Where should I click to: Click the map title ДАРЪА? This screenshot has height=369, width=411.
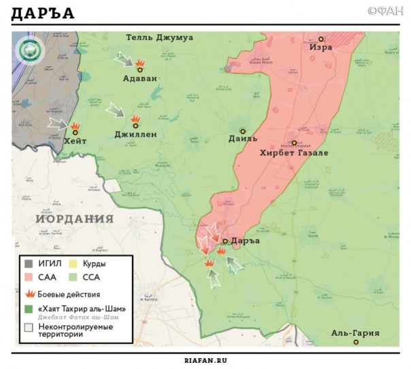point(43,14)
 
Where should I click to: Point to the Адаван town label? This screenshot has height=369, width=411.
point(139,78)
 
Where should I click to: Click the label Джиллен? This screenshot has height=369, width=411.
point(135,135)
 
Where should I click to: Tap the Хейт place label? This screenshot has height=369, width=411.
point(74,141)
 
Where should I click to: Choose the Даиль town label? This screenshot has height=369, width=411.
point(244,139)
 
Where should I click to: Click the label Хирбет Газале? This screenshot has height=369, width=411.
point(294,153)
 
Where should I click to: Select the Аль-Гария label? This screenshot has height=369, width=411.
point(355,333)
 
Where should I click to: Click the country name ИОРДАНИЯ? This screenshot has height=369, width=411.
point(75,219)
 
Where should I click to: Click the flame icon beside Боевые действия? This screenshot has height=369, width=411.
point(30,294)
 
